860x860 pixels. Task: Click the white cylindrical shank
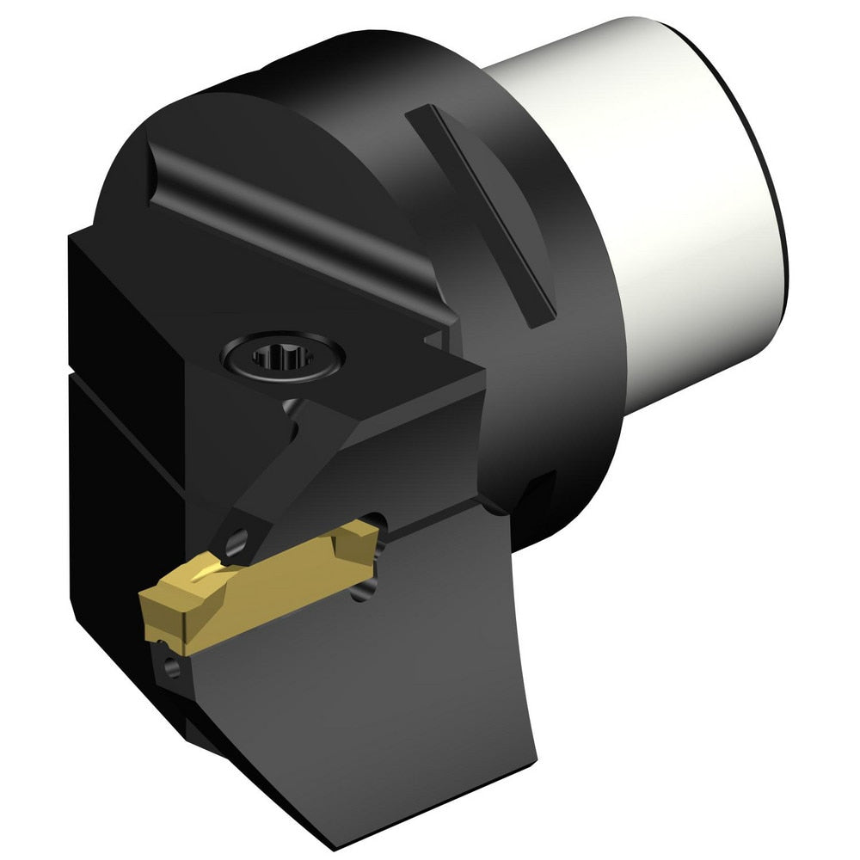point(679,232)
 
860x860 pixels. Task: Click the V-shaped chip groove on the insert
point(202,571)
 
